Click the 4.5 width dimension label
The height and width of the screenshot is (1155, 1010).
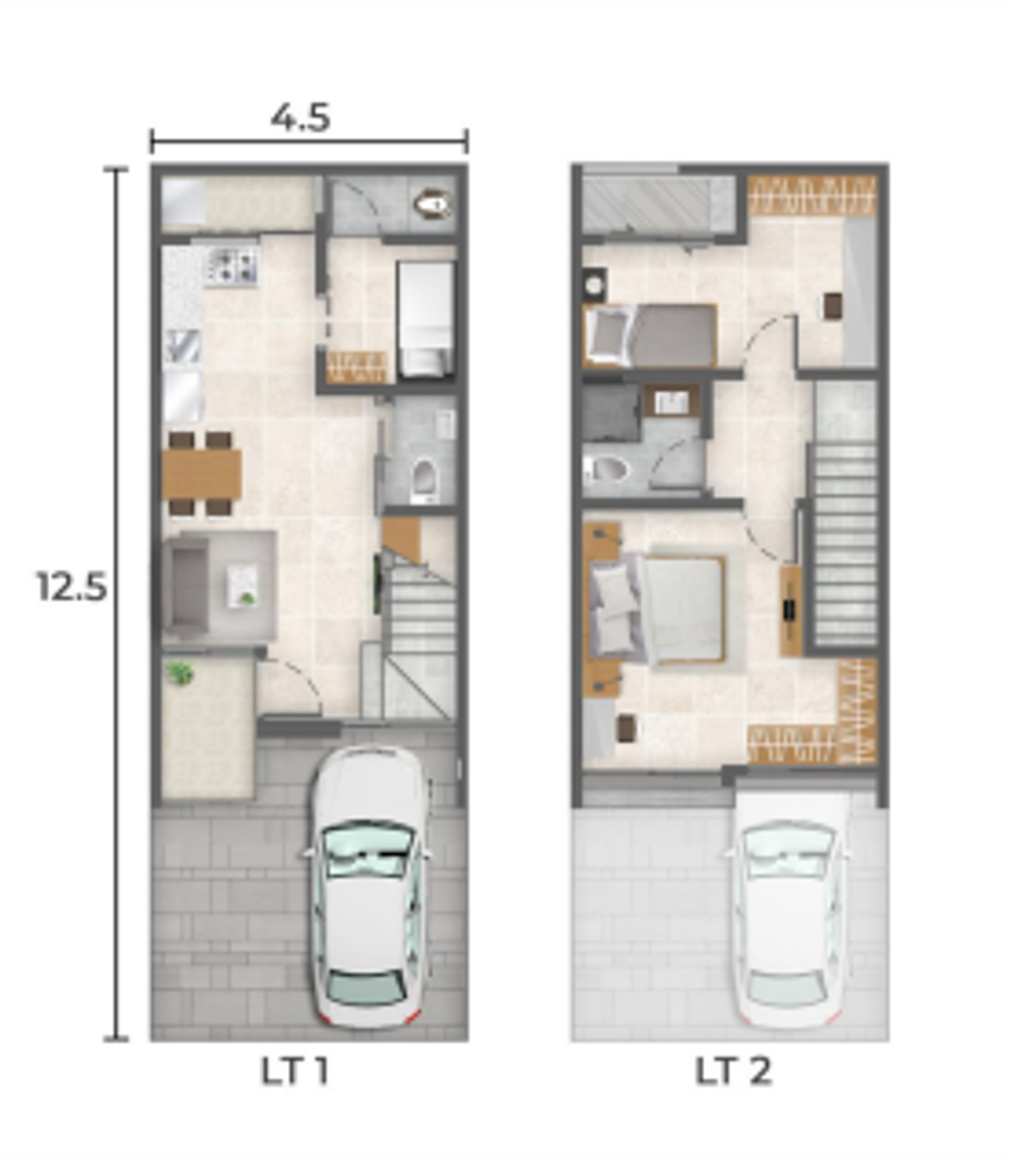(300, 118)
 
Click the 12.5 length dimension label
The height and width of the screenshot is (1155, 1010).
(72, 587)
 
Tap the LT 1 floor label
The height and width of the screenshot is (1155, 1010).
(294, 1071)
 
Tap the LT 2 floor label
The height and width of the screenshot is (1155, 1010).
(734, 1071)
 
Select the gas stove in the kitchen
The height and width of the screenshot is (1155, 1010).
(232, 266)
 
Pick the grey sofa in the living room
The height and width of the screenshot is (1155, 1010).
(185, 585)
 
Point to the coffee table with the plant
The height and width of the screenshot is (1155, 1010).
(243, 584)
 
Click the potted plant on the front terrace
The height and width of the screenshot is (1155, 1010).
(180, 673)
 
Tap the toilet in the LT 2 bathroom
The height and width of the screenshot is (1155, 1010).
(608, 468)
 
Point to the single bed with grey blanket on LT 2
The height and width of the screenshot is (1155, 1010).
(650, 335)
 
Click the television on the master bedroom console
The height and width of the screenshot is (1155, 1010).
(790, 609)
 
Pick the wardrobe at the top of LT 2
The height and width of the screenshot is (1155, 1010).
(812, 195)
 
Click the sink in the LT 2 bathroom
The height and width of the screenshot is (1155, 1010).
(671, 402)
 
